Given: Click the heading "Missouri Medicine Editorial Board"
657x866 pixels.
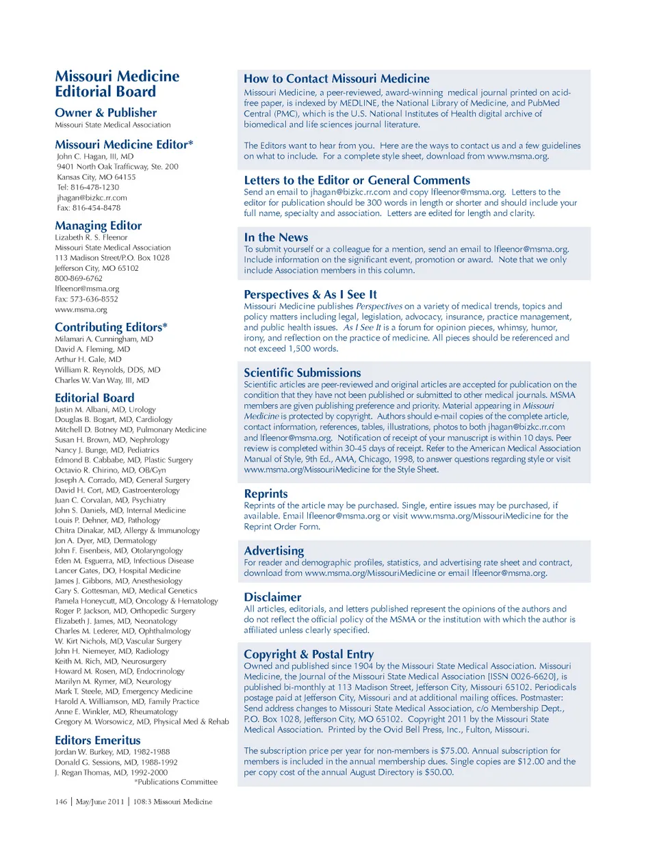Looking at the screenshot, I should click(116, 84).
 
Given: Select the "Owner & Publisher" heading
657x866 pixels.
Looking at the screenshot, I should click(105, 113).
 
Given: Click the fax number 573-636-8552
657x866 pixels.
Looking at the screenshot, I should click(94, 299).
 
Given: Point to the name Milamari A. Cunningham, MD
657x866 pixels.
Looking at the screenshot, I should click(104, 339).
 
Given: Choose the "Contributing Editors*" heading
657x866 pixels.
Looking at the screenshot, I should click(111, 327).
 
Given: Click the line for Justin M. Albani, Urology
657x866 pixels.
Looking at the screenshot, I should click(105, 410).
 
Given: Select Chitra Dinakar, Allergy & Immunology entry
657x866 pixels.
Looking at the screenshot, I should click(127, 531).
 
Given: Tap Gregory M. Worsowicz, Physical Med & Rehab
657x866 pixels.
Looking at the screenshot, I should click(142, 722).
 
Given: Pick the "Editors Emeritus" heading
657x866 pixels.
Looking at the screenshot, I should click(97, 740).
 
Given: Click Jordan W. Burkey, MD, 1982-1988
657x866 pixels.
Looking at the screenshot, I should click(112, 752).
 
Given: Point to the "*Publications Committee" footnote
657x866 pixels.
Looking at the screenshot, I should click(176, 782).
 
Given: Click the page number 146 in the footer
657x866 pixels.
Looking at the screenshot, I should click(61, 802).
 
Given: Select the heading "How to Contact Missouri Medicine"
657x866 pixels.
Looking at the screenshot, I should click(337, 79).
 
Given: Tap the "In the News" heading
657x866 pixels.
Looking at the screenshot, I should click(276, 237).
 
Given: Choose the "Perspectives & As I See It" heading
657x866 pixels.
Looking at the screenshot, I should click(310, 294).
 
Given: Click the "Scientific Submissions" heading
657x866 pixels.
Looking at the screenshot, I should click(302, 373).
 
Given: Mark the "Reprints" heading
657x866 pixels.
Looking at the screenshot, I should click(266, 494).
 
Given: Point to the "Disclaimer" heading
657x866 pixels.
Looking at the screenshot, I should click(272, 597).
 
